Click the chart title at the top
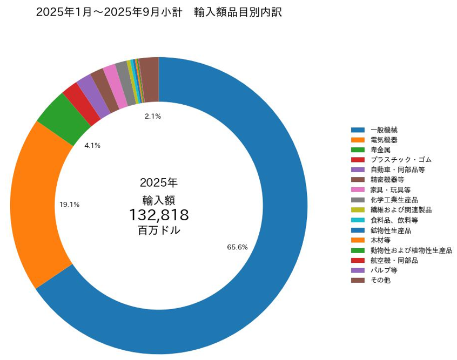(x=159, y=12)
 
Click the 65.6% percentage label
(x=237, y=247)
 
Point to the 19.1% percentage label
(x=70, y=205)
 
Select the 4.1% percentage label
(x=92, y=145)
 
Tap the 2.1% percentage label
(x=153, y=116)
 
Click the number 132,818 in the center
(x=158, y=215)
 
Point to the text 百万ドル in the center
(x=158, y=231)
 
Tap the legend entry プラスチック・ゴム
(x=401, y=160)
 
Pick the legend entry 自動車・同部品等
(x=397, y=169)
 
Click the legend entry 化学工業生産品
(x=394, y=200)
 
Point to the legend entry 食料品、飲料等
(x=394, y=220)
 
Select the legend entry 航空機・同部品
(x=394, y=260)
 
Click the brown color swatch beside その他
(x=358, y=280)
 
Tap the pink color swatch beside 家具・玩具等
(x=358, y=190)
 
